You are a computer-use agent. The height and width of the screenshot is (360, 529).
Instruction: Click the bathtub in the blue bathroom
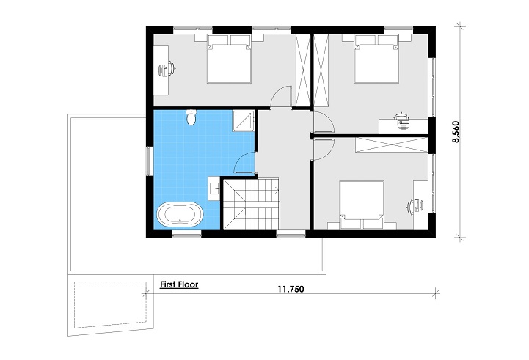coord(180,216)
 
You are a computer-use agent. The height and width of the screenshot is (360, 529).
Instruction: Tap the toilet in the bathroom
coord(191,117)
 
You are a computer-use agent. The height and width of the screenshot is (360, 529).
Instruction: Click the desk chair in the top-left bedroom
coord(168,70)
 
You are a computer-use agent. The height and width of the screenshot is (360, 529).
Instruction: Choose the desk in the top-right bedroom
coord(402,123)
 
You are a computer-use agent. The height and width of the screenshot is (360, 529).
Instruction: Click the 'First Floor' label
coord(179,283)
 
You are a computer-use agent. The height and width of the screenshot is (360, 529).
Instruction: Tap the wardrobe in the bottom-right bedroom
coord(390,144)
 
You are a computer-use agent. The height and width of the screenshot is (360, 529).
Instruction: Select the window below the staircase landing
coord(290,234)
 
